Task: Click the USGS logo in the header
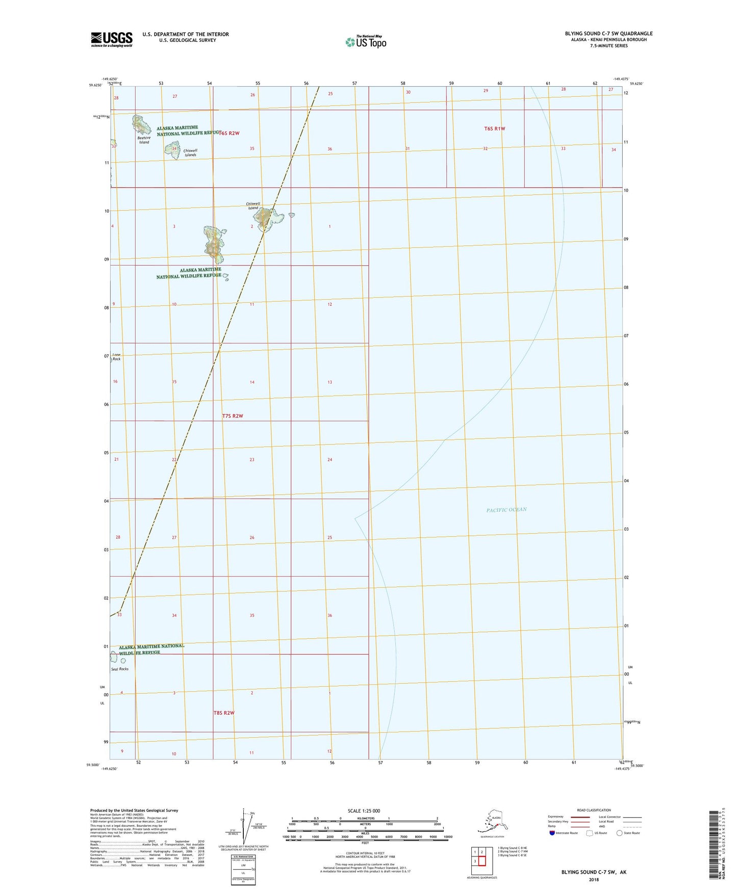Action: click(112, 39)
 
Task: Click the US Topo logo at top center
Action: click(366, 41)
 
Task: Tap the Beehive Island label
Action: click(144, 140)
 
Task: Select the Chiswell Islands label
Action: click(190, 153)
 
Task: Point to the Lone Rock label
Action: click(117, 357)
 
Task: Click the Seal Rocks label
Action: click(120, 669)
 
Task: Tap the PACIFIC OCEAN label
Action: click(506, 510)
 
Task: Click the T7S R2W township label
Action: click(233, 416)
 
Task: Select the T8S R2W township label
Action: click(224, 713)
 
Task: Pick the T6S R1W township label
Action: click(494, 128)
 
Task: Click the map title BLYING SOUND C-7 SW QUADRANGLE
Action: click(608, 34)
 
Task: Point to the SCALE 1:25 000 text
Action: click(364, 811)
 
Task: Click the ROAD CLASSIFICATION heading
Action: click(594, 810)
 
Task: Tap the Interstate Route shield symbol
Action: click(552, 833)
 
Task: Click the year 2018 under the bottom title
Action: click(594, 879)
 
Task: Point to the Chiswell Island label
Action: click(253, 206)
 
